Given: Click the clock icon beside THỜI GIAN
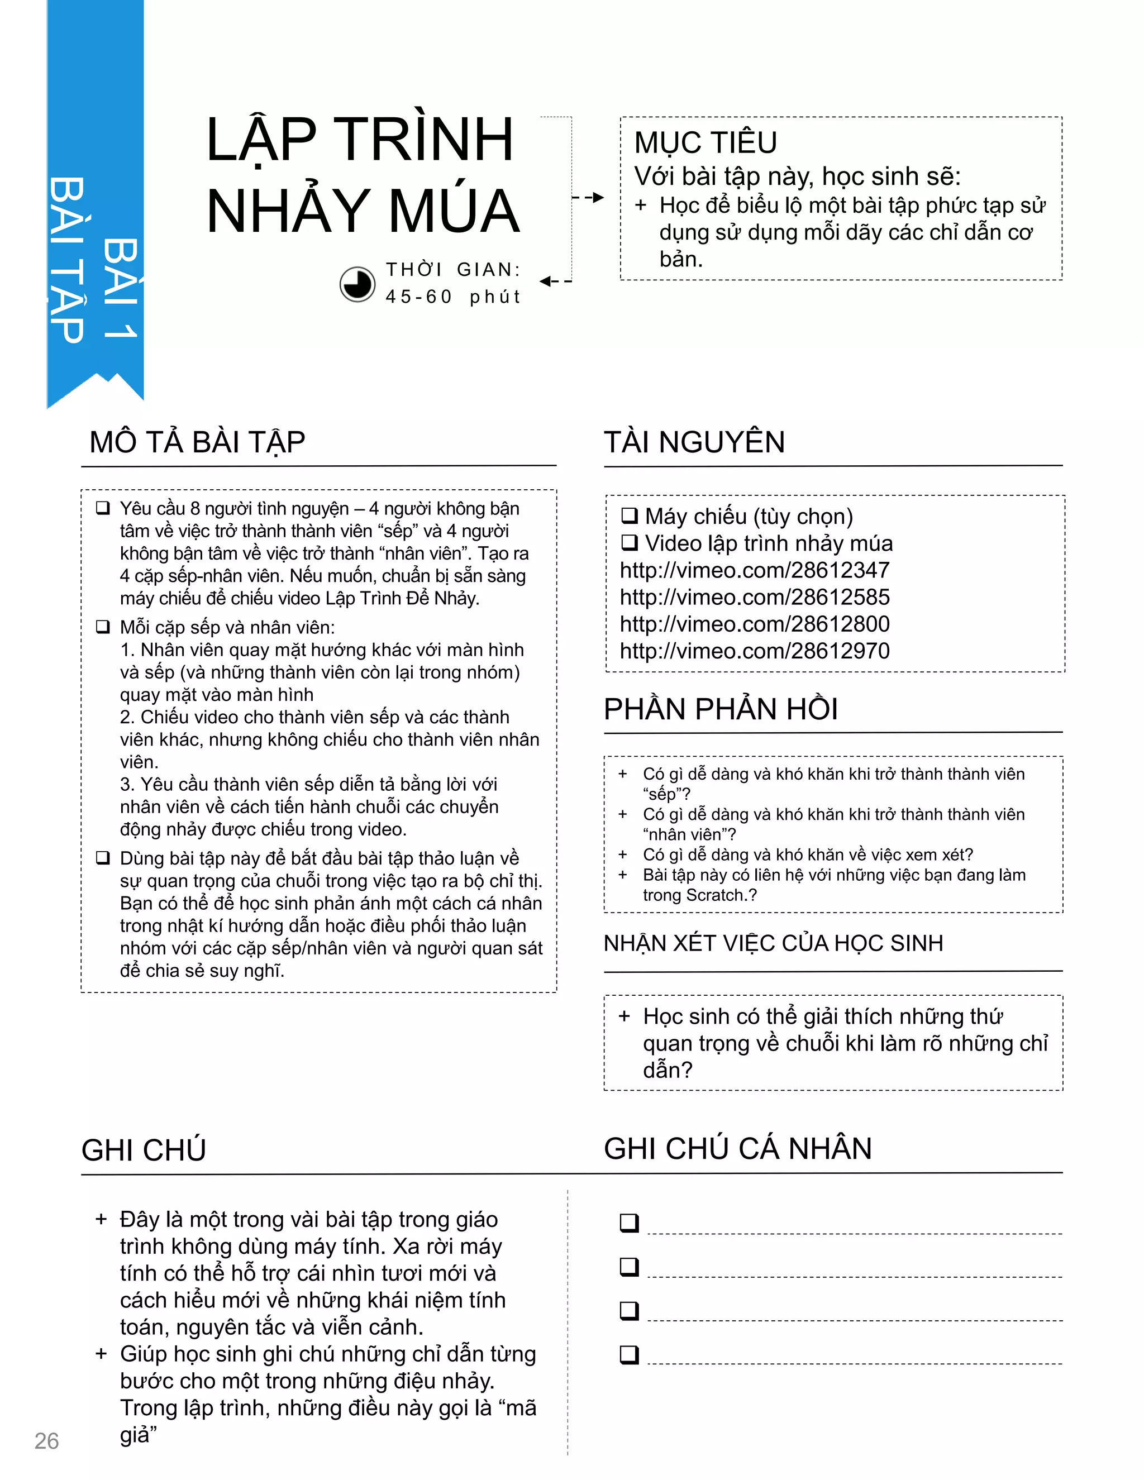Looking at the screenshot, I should pyautogui.click(x=357, y=284).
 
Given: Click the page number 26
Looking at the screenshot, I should pyautogui.click(x=47, y=1441).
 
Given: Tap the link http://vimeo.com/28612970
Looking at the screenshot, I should pyautogui.click(x=754, y=651).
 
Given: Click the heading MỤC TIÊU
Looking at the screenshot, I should pyautogui.click(x=706, y=143).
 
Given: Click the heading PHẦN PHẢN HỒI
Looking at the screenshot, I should pyautogui.click(x=721, y=709).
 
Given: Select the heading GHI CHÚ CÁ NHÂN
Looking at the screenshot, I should pyautogui.click(x=737, y=1149).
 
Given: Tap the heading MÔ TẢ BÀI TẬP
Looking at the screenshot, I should pyautogui.click(x=197, y=442).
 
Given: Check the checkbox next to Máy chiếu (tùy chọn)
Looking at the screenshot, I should pyautogui.click(x=630, y=517).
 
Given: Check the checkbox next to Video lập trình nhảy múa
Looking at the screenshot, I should pyautogui.click(x=630, y=543).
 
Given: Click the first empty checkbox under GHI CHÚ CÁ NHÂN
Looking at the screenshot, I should pyautogui.click(x=630, y=1223).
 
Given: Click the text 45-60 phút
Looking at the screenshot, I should pyautogui.click(x=452, y=297).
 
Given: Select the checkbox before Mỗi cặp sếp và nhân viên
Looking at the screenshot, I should pyautogui.click(x=103, y=627).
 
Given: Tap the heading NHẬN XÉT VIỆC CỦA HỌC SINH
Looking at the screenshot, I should pyautogui.click(x=773, y=943).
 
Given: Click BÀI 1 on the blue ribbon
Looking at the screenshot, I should pyautogui.click(x=121, y=288).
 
